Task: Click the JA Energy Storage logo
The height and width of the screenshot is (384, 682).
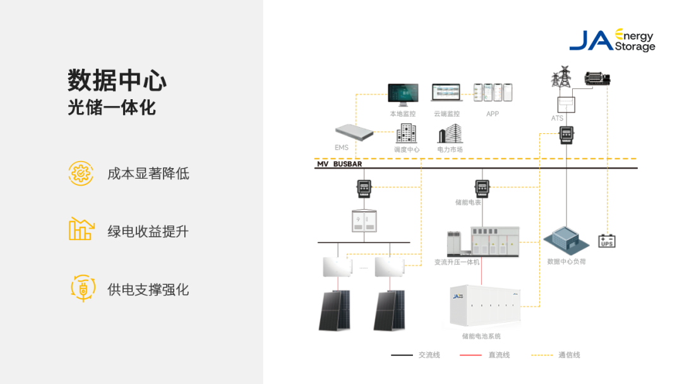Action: (x=612, y=40)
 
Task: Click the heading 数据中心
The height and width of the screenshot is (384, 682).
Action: (x=117, y=81)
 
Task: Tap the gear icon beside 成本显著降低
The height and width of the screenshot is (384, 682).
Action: (x=81, y=173)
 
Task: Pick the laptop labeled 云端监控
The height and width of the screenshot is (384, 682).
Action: (x=447, y=93)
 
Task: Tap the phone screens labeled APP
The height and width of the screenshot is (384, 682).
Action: (x=493, y=93)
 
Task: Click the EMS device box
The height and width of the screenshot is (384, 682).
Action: (x=354, y=133)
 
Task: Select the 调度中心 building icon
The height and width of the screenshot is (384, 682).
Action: (x=406, y=133)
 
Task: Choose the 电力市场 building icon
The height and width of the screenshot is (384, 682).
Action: (x=450, y=133)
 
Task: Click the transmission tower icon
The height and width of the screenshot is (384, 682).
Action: (x=561, y=77)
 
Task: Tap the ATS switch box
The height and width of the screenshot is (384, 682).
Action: (x=566, y=104)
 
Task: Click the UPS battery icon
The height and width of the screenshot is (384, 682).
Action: (x=607, y=241)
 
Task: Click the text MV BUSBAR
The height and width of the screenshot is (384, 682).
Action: (x=339, y=164)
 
